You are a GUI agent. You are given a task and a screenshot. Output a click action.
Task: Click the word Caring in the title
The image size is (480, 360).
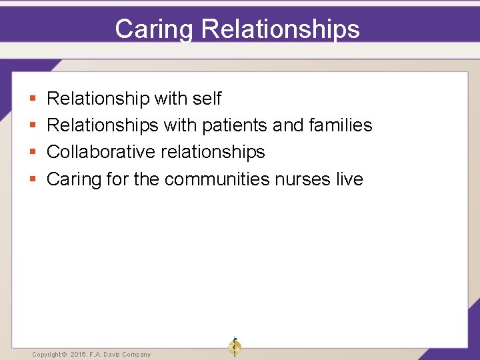pos(154,29)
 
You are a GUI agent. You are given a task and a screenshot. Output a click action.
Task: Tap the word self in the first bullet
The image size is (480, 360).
pos(207,99)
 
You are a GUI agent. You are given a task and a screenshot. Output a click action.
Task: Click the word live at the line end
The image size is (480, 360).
pos(350,179)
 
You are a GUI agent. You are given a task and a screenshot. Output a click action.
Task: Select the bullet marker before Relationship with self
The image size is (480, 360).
pos(33,99)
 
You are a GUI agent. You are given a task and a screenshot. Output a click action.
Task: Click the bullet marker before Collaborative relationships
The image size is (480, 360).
pos(33,153)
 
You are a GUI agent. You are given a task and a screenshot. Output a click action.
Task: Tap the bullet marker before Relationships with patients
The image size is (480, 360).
pos(33,126)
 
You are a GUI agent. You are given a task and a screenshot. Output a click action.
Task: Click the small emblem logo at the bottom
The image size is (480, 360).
pos(235,347)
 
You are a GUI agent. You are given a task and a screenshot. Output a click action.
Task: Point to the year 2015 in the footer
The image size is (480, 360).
pos(79,355)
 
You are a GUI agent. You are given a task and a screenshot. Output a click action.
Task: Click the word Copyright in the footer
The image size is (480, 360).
pos(46,355)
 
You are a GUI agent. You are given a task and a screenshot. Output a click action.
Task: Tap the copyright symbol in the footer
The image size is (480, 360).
pos(65,355)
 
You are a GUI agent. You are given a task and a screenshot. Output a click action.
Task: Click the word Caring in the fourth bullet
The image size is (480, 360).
pos(72,179)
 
